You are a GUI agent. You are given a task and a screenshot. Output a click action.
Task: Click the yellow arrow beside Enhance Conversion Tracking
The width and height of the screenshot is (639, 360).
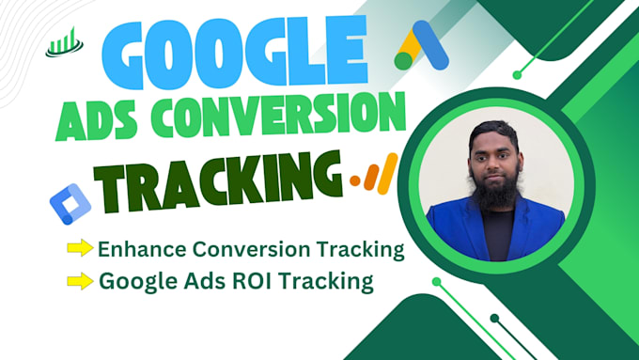coord(79,249)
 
